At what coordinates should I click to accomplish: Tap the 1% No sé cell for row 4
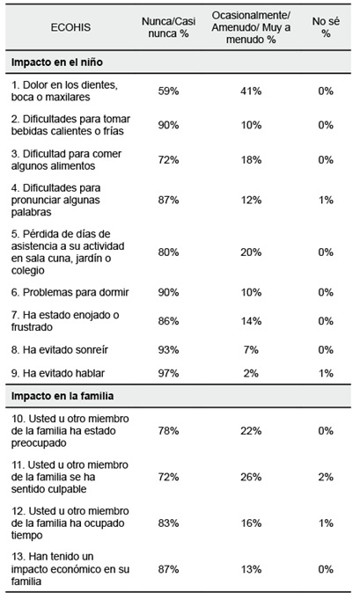coord(326,200)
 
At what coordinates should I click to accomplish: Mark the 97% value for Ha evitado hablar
coord(169,373)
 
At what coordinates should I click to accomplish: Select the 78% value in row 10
coord(169,431)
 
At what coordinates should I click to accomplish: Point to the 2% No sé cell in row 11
coord(326,478)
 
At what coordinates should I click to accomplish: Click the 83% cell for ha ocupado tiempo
coord(169,523)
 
